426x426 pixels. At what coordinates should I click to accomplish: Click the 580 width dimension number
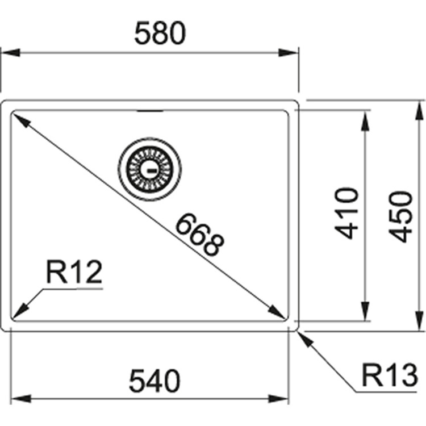pos(160,33)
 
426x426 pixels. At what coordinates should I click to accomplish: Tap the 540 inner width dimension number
pos(154,381)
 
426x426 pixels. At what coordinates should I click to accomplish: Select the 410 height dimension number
pos(347,213)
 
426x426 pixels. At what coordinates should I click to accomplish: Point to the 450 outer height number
pos(401,216)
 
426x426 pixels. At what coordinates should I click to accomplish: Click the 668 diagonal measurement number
pos(200,235)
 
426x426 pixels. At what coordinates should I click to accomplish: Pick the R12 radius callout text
pos(74,272)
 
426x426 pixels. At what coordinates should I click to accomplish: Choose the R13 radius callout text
pos(390,375)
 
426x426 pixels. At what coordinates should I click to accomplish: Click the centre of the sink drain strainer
pos(150,169)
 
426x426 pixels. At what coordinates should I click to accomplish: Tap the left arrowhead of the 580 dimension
pos(10,53)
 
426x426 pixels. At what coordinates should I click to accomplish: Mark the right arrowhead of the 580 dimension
pos(289,53)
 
